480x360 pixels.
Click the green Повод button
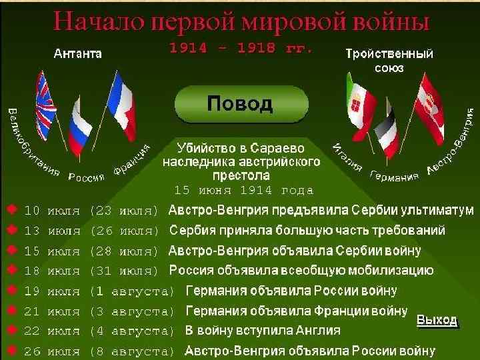point(241,105)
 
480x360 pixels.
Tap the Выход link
point(437,320)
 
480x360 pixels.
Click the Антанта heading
point(77,53)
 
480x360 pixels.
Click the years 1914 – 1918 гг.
point(241,49)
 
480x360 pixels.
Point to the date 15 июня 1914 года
point(243,190)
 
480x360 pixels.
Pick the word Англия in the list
point(317,331)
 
